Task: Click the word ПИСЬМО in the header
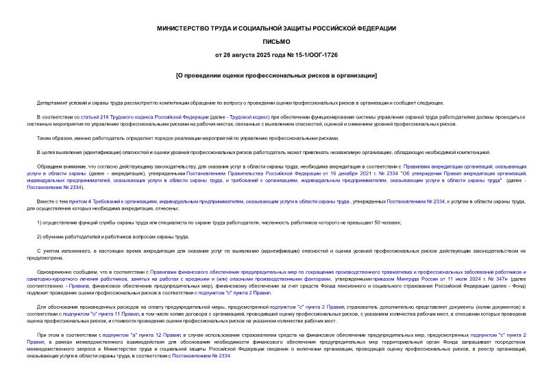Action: (x=276, y=42)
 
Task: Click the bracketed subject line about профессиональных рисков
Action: (x=276, y=75)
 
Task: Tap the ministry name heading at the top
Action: (x=276, y=28)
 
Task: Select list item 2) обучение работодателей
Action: (x=112, y=236)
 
